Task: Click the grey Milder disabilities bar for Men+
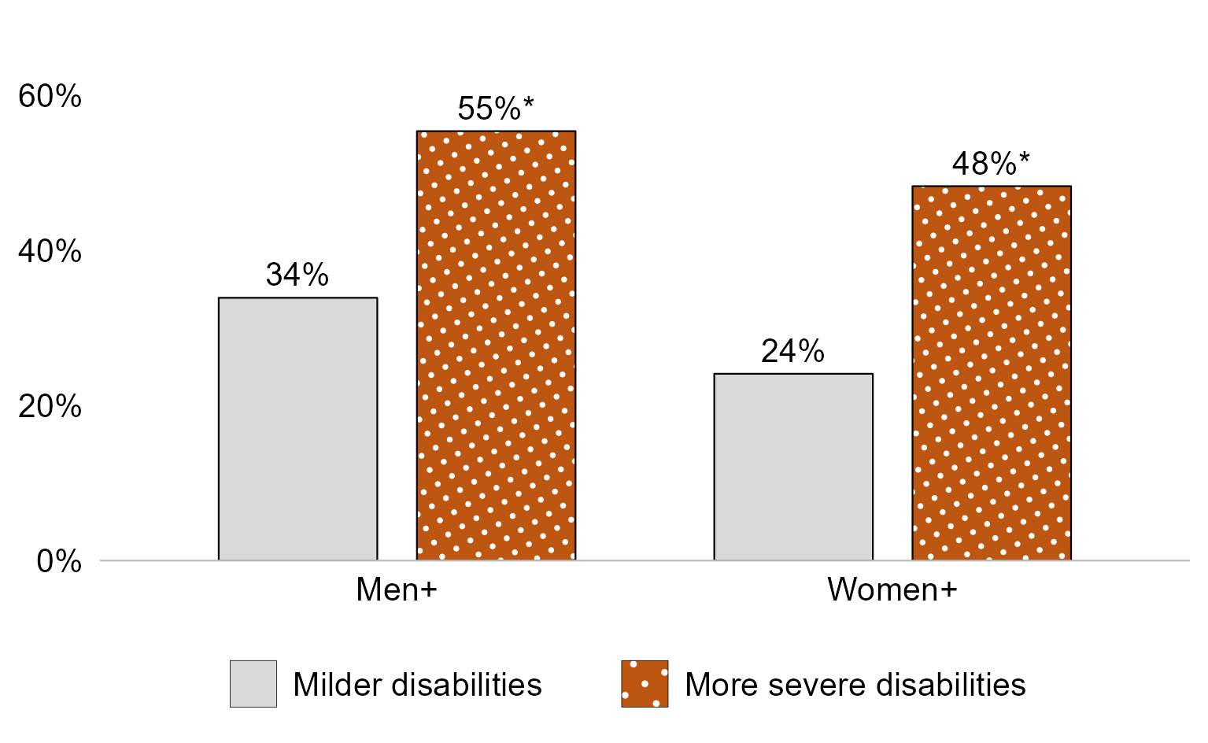point(297,429)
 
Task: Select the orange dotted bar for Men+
point(496,346)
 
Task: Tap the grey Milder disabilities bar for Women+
point(793,467)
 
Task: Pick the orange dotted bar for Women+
point(992,373)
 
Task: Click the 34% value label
point(297,275)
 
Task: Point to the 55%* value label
point(496,109)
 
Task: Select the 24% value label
point(792,351)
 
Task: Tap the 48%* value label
point(991,164)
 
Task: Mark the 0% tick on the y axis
point(59,562)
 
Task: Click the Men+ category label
point(397,590)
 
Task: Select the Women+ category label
point(892,590)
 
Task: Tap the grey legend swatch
point(253,684)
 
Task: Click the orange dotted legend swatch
point(645,684)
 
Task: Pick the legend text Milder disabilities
point(417,685)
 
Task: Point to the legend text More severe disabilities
point(855,685)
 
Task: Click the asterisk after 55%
point(528,103)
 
